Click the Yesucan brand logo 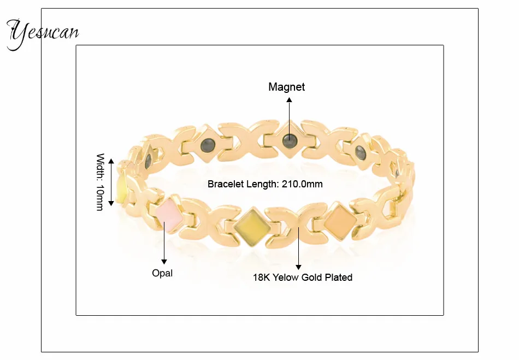pos(43,34)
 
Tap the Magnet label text pos(287,87)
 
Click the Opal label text pos(162,273)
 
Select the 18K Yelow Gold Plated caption pos(303,278)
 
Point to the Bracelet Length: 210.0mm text pos(265,184)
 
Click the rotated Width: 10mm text pos(101,182)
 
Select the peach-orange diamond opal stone pos(340,221)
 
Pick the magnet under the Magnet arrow pos(290,141)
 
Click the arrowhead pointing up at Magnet pos(290,99)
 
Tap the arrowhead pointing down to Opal pos(164,262)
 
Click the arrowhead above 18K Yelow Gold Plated pos(298,267)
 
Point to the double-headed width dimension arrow pos(111,182)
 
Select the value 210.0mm pos(302,184)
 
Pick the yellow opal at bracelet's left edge pos(121,188)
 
